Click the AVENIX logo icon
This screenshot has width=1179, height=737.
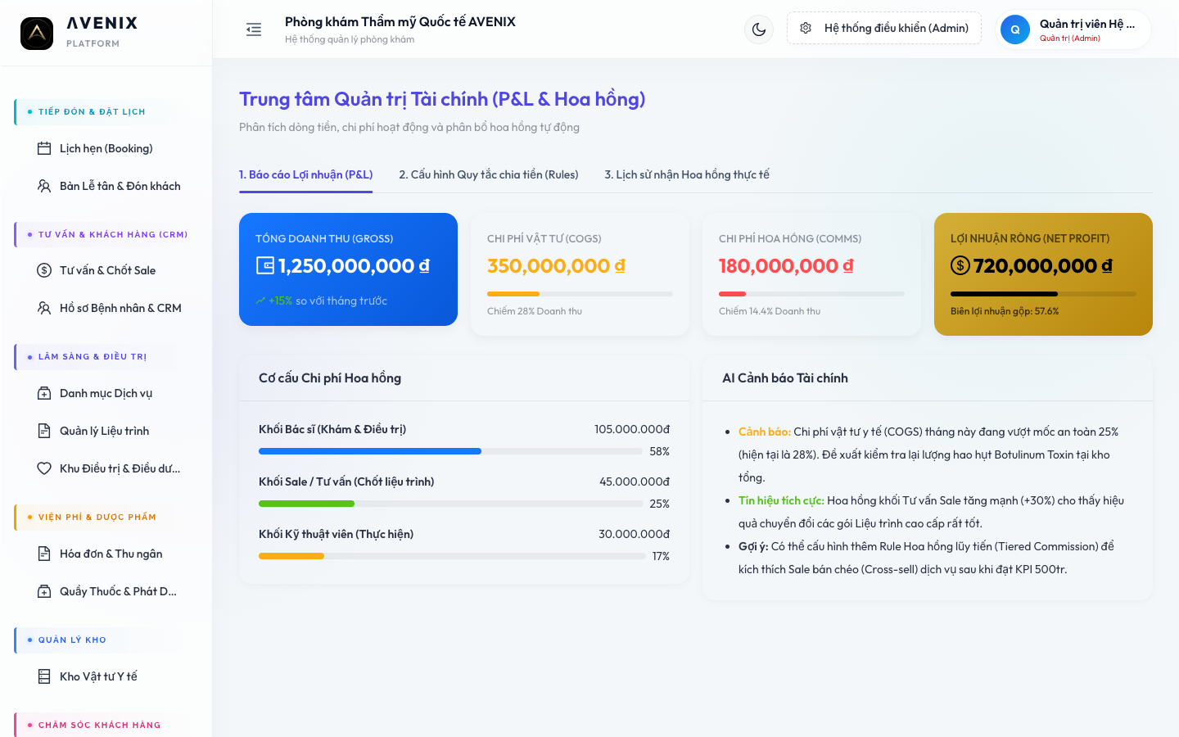(x=37, y=33)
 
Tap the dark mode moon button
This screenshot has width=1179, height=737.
(x=758, y=29)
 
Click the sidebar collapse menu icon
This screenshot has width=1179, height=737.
(x=254, y=29)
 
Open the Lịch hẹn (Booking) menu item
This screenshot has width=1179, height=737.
(x=106, y=148)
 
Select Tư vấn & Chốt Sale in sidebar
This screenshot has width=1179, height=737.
(x=107, y=270)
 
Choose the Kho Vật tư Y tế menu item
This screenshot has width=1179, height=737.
(x=98, y=676)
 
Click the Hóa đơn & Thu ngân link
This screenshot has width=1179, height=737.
(x=111, y=554)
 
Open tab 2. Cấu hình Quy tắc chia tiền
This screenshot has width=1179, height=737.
(x=489, y=174)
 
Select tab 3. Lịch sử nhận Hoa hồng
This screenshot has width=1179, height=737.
(x=687, y=174)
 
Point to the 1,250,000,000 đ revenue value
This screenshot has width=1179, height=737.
(x=354, y=266)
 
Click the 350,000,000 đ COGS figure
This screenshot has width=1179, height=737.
(x=556, y=266)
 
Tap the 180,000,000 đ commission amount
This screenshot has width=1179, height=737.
(x=786, y=266)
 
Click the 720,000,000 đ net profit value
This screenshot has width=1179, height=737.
(x=1043, y=266)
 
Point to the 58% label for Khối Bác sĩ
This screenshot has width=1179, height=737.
(x=660, y=451)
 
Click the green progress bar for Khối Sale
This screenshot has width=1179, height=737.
(x=306, y=504)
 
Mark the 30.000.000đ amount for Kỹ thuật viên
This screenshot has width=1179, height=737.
(x=634, y=534)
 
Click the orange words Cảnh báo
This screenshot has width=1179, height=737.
(x=764, y=432)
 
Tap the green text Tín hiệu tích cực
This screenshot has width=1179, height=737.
(x=781, y=500)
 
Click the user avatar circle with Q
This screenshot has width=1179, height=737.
(x=1014, y=29)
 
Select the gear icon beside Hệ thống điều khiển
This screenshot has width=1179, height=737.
(x=806, y=28)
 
